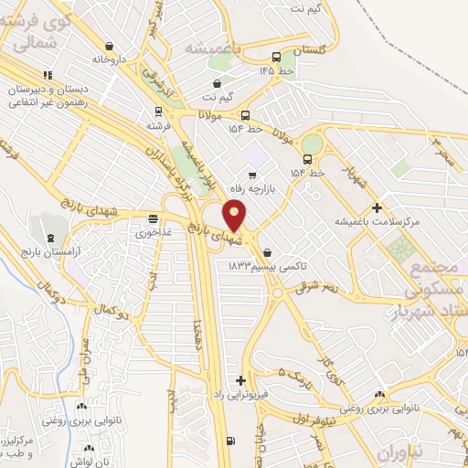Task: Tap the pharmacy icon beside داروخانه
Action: coord(110,46)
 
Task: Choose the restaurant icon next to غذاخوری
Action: coord(154,218)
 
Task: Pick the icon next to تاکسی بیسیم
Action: coord(266,251)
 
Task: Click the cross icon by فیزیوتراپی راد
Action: coord(240,379)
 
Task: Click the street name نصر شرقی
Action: coord(316,287)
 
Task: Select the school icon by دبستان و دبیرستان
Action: coord(48,75)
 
